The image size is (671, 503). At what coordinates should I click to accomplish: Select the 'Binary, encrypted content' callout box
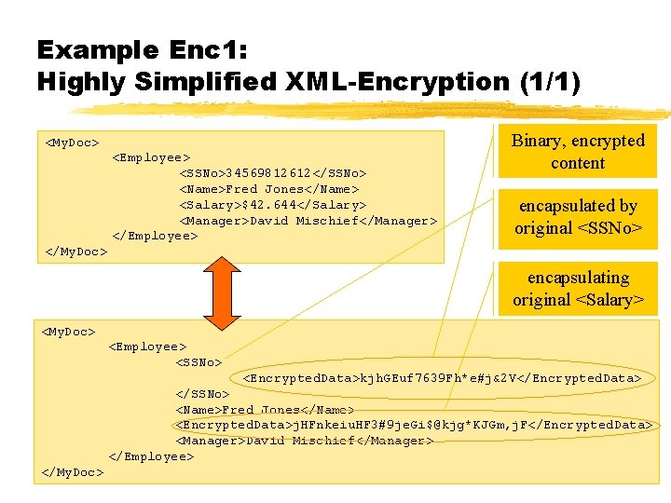(x=578, y=152)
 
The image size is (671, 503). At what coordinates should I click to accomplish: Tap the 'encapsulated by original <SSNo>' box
(x=578, y=217)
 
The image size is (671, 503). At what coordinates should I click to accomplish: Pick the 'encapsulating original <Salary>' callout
(x=578, y=289)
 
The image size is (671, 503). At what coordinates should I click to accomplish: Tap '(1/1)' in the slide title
(x=549, y=82)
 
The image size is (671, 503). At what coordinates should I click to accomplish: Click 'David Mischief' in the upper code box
(x=294, y=221)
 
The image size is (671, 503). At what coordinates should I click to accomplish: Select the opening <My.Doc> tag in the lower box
(x=68, y=332)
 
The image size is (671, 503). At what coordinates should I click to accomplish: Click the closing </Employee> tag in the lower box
(x=151, y=456)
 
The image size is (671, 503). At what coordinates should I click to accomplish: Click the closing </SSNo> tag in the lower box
(x=202, y=394)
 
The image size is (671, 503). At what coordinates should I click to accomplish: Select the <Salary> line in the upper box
(x=272, y=205)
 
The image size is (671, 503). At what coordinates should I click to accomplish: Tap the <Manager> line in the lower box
(x=304, y=441)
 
